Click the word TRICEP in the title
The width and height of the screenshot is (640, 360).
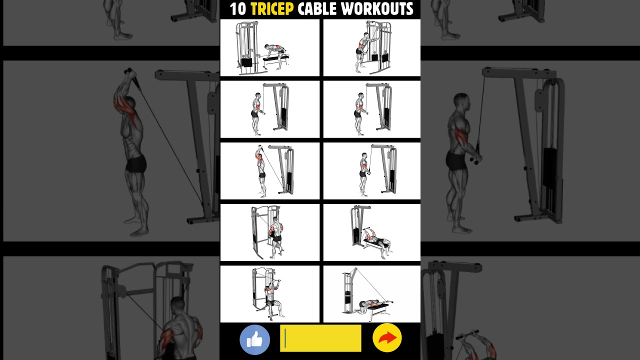[272, 8]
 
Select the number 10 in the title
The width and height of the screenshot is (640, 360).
[237, 8]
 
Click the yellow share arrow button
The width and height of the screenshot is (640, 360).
[387, 338]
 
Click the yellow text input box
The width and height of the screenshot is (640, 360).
[320, 338]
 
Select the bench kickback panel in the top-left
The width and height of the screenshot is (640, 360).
[270, 48]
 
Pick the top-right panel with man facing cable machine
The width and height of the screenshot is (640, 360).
[371, 48]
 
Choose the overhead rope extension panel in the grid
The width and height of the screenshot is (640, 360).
[270, 171]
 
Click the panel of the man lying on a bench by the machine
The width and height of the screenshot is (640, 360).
[371, 232]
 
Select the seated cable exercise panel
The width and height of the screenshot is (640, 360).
[270, 294]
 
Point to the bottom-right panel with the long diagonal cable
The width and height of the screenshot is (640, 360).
[371, 294]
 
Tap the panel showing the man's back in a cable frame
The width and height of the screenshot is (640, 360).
[270, 232]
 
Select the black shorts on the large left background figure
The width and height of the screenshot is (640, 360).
[135, 163]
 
